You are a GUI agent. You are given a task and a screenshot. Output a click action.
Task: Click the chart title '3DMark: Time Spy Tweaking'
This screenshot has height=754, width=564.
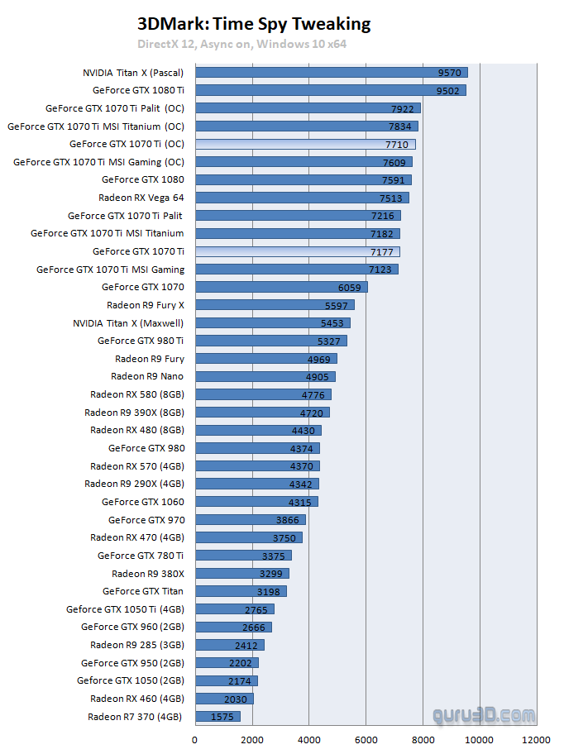coord(254,24)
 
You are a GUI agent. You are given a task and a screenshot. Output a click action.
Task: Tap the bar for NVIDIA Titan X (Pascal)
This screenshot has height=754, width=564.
coord(331,73)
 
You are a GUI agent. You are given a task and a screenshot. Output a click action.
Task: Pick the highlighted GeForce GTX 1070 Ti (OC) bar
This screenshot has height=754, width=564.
coord(305,145)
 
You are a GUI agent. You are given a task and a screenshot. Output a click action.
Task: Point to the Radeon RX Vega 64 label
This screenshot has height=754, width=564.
coord(141,198)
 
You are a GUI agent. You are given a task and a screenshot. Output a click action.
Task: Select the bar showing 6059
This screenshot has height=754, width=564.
coord(281,287)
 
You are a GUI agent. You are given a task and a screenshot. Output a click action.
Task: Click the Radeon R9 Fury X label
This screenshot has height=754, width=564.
coord(146,305)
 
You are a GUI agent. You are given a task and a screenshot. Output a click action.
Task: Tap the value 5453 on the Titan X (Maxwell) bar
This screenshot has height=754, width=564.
coord(332,323)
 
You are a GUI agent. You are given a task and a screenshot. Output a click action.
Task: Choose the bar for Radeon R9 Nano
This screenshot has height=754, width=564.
coord(265,377)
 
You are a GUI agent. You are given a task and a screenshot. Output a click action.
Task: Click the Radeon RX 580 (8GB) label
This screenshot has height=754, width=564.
coord(137,394)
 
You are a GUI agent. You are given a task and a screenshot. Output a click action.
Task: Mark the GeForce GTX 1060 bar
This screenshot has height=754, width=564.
coord(256,502)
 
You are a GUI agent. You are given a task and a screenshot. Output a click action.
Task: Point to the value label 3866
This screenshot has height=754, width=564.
coord(289,520)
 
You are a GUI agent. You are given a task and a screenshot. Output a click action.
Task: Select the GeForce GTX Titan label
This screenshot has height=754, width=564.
coord(143,591)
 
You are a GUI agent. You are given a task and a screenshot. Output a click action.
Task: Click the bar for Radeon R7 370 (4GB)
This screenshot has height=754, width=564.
coord(217,717)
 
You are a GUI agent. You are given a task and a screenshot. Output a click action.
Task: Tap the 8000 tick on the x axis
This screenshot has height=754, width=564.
coord(423,740)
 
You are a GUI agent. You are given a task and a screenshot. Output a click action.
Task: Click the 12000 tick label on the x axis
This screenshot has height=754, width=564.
coord(537,740)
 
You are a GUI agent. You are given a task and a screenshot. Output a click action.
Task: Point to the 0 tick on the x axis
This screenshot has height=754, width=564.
coord(195,740)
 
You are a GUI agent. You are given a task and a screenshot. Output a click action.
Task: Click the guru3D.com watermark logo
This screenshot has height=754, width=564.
coord(483,715)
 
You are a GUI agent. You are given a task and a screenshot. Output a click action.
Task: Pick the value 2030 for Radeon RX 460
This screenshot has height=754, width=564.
coord(235,699)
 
